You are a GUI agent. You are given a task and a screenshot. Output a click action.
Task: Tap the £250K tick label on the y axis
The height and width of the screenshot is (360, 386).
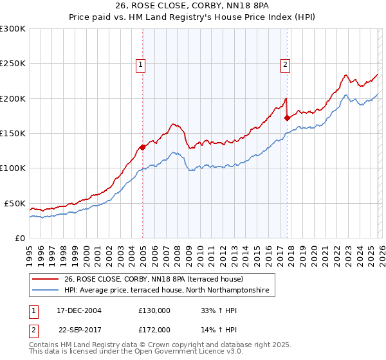point(13,64)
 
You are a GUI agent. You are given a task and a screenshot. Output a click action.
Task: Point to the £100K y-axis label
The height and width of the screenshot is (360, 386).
point(13,168)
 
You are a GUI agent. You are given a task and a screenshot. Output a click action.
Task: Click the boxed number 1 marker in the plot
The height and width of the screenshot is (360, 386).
point(140,64)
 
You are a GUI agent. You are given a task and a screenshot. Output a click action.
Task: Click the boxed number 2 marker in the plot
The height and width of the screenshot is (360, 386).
point(284,64)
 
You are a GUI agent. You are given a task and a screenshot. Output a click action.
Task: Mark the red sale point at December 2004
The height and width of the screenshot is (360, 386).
point(142,147)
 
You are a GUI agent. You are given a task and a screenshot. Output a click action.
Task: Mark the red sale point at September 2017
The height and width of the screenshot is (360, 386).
point(287,118)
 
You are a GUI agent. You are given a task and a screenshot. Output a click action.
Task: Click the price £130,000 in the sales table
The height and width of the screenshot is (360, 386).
point(154,310)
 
